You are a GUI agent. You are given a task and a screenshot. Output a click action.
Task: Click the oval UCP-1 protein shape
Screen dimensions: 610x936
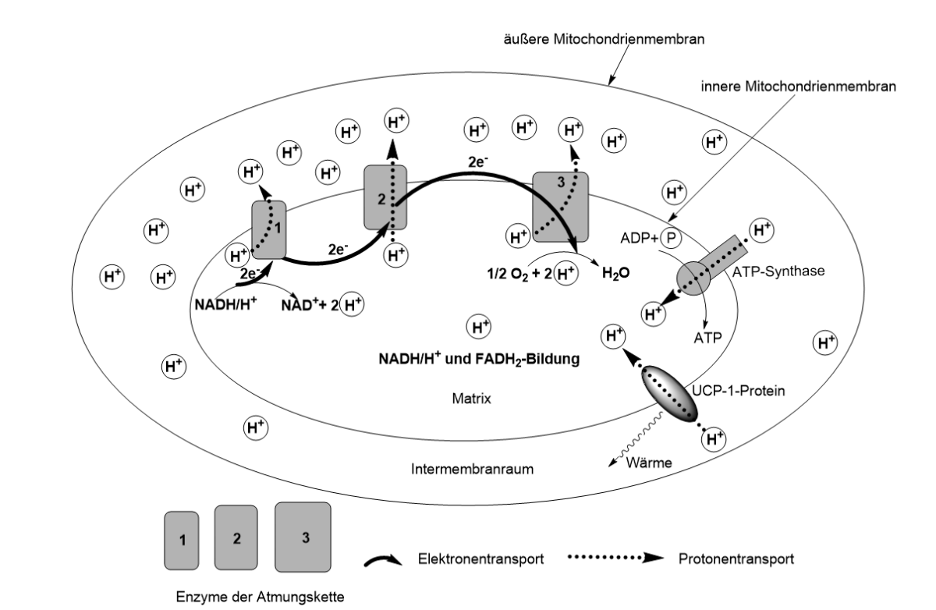[668, 393]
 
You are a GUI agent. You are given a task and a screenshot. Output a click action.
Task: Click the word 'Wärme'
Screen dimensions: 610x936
[647, 463]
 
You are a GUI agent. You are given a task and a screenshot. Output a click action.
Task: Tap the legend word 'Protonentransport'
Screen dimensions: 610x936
[734, 559]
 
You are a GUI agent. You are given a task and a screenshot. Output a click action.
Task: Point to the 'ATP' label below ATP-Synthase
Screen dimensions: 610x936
[707, 337]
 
